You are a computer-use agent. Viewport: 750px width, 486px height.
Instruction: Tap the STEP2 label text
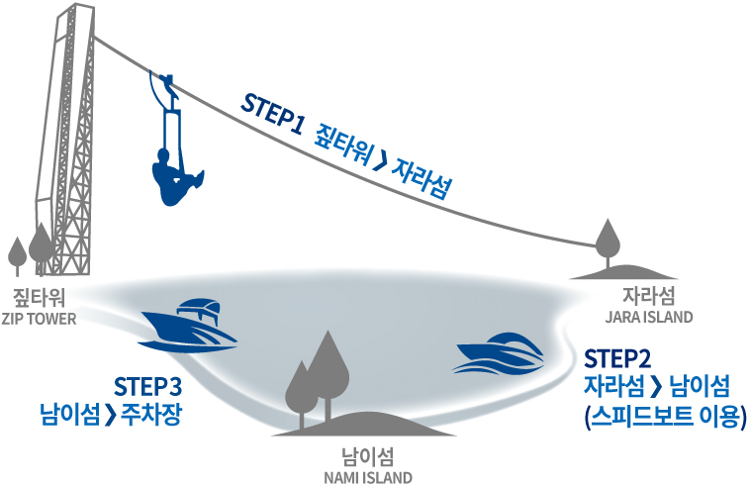(x=617, y=356)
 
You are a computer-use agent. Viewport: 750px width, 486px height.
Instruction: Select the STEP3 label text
(x=147, y=385)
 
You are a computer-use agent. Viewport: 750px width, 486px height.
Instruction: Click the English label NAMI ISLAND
(x=367, y=477)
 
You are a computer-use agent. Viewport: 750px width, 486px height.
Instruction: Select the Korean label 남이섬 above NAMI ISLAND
(x=367, y=456)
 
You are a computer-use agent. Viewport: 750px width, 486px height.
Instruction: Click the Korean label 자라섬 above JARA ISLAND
(x=649, y=296)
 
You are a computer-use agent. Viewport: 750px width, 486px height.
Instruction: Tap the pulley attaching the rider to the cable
(x=165, y=80)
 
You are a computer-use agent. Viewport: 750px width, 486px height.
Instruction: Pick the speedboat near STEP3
(x=189, y=325)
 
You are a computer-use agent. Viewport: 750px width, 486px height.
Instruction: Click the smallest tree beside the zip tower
(x=17, y=254)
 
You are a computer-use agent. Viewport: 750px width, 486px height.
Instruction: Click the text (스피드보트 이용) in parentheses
(x=664, y=413)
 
